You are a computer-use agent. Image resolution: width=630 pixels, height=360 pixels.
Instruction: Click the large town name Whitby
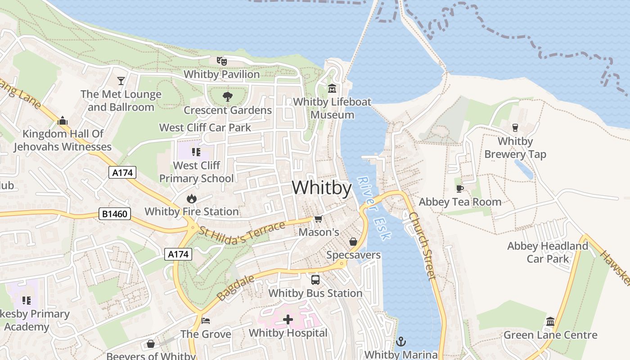coord(322,188)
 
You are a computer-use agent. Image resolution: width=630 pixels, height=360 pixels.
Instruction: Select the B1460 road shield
coord(115,214)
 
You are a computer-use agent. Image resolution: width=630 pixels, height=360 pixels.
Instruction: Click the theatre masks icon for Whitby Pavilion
coord(221,61)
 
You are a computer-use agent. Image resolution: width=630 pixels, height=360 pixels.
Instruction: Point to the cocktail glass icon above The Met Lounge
coord(121,81)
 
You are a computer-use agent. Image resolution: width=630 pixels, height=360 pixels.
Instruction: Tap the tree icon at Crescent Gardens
coord(227,96)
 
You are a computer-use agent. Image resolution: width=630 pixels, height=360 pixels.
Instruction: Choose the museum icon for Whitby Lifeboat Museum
coord(332,88)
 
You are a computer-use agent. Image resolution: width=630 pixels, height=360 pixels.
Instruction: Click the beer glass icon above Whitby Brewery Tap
coord(515,128)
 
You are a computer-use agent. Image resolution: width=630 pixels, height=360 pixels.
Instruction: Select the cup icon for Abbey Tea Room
coord(459,189)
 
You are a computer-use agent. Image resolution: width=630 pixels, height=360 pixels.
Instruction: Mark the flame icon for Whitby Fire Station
coord(192,198)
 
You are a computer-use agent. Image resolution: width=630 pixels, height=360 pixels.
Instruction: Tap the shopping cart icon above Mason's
coord(319,219)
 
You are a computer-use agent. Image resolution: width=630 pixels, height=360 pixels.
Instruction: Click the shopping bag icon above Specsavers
coord(353,242)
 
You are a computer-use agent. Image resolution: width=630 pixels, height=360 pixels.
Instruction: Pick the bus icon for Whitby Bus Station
coord(315,280)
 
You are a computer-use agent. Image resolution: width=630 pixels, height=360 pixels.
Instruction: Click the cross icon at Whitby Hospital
coord(288,320)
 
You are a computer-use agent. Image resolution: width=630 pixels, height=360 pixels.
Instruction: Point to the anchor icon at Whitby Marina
coord(400,342)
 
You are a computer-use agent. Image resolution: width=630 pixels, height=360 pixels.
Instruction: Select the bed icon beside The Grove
coord(206,321)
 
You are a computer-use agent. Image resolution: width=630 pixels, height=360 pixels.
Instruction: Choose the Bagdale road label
coord(235,288)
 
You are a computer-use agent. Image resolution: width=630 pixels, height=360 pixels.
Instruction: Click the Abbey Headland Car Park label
coord(548,252)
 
